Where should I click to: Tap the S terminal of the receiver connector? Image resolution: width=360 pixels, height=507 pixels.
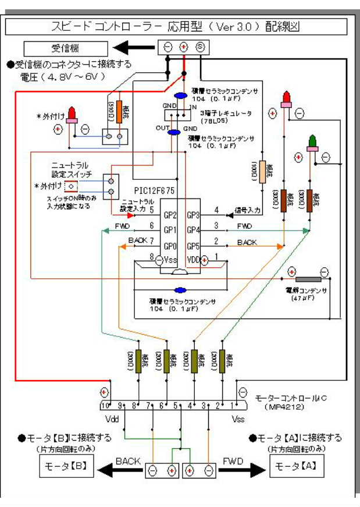click(199, 47)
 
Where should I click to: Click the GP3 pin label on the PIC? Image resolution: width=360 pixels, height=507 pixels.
click(194, 215)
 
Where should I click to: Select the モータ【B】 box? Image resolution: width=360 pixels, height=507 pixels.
click(65, 466)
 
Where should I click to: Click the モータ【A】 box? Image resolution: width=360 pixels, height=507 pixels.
click(295, 466)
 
